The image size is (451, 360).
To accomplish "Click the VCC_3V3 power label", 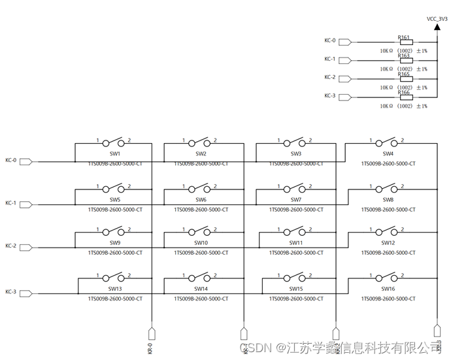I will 437,19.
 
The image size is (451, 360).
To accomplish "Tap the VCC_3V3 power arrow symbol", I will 437,28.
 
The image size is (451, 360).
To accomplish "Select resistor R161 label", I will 404,37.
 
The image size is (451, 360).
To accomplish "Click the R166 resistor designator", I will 404,92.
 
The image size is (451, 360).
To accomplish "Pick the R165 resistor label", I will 404,74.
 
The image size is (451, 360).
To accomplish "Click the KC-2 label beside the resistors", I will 330,77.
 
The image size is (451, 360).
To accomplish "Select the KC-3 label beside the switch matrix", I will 10,291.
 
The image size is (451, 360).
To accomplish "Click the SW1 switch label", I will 115,154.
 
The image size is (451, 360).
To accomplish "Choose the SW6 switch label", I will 201,200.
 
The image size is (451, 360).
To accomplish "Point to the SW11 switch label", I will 295,242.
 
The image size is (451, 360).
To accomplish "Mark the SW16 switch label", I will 388,288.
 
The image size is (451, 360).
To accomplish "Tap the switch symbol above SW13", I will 115,277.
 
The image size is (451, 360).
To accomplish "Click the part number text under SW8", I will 388,210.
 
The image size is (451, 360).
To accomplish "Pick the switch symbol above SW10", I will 201,231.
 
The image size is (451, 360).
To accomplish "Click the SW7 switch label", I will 296,200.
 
